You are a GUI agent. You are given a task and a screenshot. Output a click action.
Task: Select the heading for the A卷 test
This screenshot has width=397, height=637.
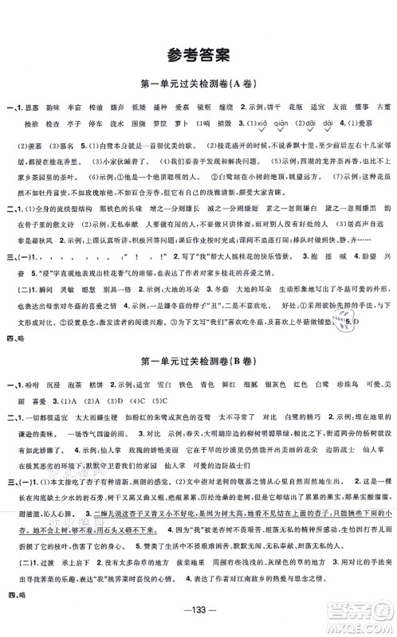(198, 85)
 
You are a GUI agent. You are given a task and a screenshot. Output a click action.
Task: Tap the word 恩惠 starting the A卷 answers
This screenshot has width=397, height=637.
(33, 106)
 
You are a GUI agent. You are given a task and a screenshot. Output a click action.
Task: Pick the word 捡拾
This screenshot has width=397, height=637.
(32, 124)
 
